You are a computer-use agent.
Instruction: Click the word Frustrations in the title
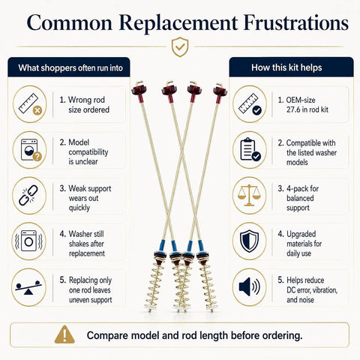point(296,22)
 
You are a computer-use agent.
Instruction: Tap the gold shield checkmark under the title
point(180,46)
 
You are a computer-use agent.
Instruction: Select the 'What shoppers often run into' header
point(70,67)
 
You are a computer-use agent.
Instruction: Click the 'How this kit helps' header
point(286,67)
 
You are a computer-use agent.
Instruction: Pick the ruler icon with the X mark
point(30,104)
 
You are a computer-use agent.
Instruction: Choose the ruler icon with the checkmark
point(250,104)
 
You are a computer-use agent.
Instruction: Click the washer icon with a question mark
point(31,150)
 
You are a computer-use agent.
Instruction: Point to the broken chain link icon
point(28,196)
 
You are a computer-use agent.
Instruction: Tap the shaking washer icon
point(29,241)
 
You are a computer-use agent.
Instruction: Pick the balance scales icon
point(249,195)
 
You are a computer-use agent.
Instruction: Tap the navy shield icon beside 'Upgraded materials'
point(249,241)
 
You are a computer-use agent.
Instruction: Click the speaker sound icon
point(249,286)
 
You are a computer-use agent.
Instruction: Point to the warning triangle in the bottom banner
point(64,334)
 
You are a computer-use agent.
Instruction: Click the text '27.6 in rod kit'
point(307,109)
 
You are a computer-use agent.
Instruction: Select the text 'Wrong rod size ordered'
point(85,105)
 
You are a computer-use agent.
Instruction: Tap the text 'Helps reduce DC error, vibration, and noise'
point(307,290)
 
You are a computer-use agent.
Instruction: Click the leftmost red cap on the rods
point(139,91)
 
